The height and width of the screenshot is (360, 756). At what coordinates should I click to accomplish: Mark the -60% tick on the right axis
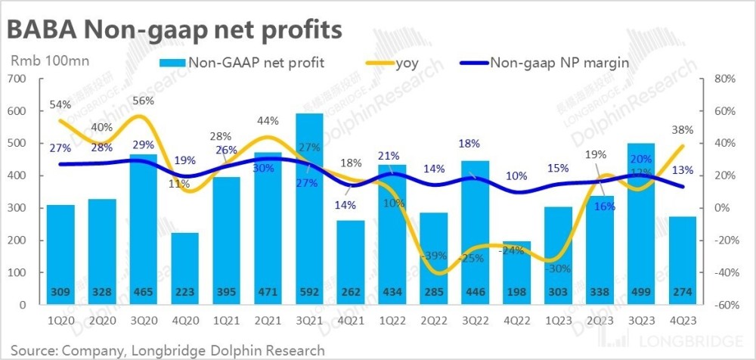(724, 305)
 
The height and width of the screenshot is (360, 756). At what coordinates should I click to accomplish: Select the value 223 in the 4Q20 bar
(185, 292)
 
